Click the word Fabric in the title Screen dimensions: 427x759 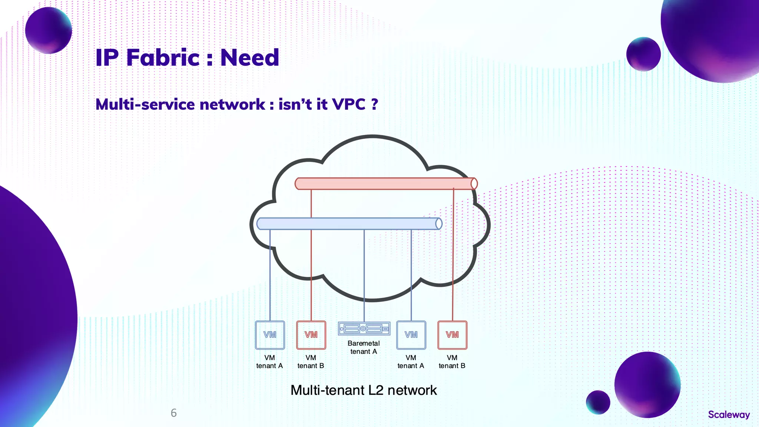(163, 58)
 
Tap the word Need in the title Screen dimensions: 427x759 (249, 58)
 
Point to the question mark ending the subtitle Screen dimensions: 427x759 (374, 104)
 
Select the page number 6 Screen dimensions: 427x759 (173, 413)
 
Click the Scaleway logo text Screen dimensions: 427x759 (729, 414)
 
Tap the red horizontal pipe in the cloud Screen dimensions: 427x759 (382, 183)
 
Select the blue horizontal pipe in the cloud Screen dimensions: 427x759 (345, 224)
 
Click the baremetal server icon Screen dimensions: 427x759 (364, 328)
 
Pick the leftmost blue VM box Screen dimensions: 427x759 (270, 335)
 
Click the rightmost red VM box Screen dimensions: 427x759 (452, 335)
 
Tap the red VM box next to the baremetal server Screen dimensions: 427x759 (311, 335)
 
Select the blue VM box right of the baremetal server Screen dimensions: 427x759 (411, 335)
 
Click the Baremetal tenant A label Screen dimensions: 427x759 (364, 347)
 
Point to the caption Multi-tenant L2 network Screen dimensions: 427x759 (364, 390)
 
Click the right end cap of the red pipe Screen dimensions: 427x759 (474, 183)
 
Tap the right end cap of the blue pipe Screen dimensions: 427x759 (438, 224)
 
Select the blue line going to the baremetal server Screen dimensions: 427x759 (364, 274)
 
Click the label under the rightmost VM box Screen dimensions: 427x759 (452, 362)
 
